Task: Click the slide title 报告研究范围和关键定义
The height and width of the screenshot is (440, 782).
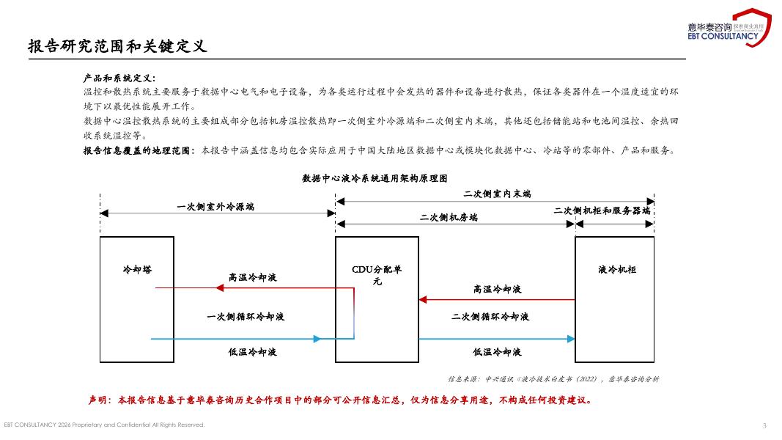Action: click(x=117, y=46)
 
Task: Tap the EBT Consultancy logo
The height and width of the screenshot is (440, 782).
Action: click(x=728, y=28)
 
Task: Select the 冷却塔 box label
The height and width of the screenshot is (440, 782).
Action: click(x=137, y=270)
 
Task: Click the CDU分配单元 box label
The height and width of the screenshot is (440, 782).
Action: click(x=377, y=275)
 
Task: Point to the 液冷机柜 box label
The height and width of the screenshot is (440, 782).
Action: click(x=617, y=270)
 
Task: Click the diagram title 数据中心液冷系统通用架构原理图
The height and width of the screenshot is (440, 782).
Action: click(x=375, y=178)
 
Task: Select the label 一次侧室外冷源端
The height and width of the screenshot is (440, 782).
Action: click(x=215, y=208)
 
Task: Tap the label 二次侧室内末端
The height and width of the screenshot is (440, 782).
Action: click(x=497, y=194)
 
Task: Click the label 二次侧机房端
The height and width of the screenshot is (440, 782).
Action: click(x=449, y=218)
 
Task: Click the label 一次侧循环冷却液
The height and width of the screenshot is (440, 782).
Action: click(x=246, y=317)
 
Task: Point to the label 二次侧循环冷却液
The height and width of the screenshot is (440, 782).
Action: click(x=490, y=317)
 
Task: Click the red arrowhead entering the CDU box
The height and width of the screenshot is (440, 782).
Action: click(x=424, y=299)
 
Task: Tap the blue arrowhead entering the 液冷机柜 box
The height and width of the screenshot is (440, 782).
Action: click(x=570, y=339)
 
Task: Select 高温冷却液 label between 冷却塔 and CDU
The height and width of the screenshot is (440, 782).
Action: click(x=253, y=278)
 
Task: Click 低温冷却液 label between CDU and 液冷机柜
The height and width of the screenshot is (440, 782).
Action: click(x=497, y=353)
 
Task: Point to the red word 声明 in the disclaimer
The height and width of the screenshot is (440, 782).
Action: click(x=98, y=400)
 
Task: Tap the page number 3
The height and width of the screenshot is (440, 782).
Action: click(x=764, y=425)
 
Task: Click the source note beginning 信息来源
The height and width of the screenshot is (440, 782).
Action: click(x=553, y=379)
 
